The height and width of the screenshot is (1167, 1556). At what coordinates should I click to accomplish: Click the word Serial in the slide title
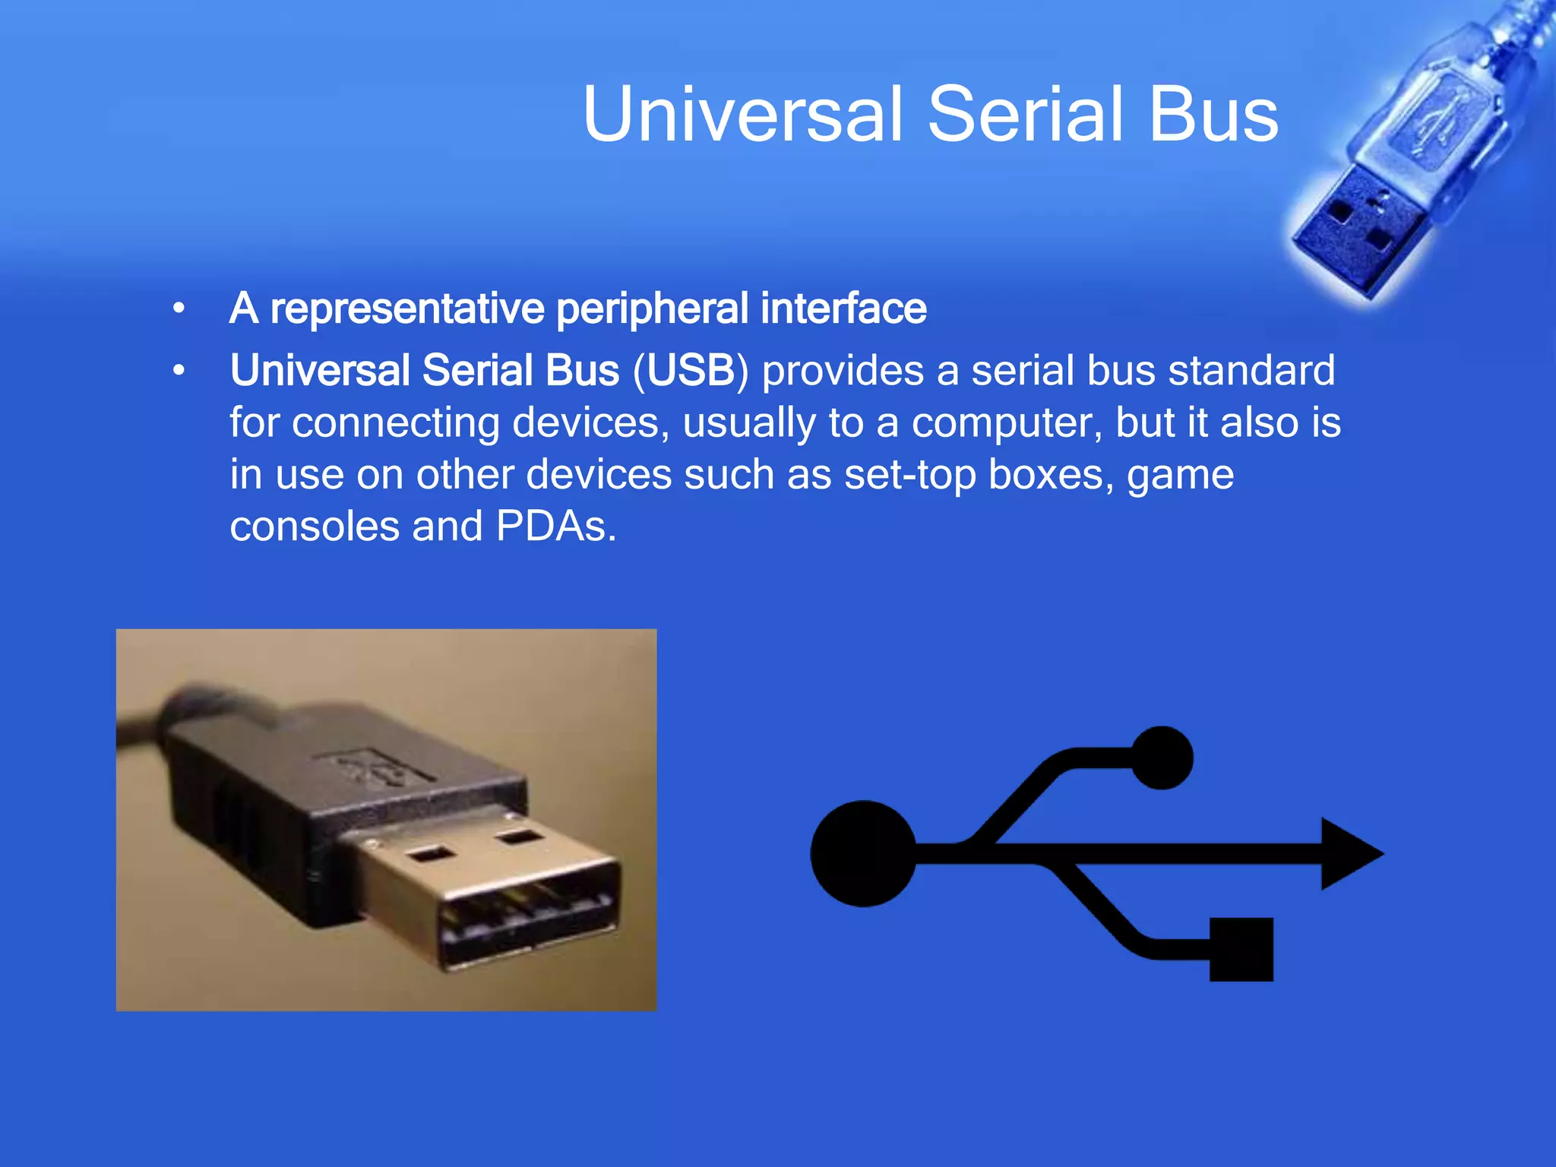[1025, 114]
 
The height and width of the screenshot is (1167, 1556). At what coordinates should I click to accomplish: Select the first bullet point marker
[179, 309]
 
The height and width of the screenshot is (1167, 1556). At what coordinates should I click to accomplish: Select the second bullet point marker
[179, 371]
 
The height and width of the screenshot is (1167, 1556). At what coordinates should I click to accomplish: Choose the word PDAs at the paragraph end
[555, 527]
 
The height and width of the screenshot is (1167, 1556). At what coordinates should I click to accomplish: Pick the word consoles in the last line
[314, 527]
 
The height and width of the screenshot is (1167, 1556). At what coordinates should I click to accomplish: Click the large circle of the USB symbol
[863, 853]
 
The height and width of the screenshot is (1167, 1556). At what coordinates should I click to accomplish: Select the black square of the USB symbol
[1241, 949]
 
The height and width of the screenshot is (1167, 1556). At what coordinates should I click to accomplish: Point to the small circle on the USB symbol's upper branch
[1162, 757]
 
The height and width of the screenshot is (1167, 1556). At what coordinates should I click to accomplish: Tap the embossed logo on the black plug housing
[372, 767]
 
